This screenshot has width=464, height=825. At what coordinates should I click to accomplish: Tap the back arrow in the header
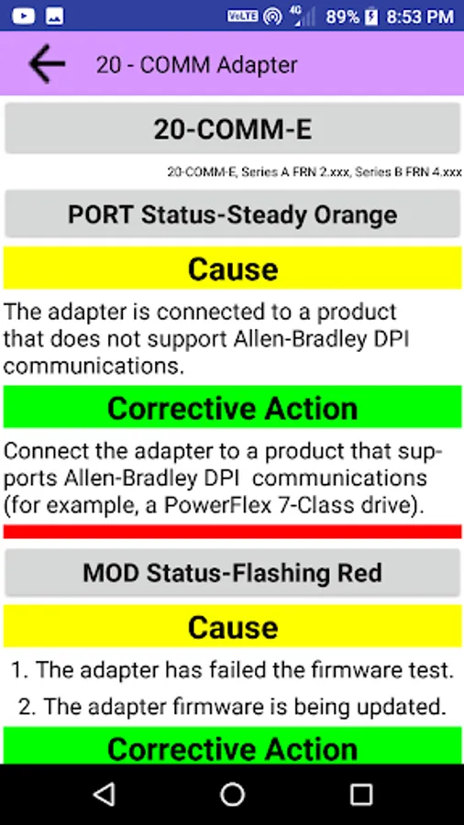[x=47, y=63]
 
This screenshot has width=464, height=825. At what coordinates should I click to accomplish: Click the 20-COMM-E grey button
[x=232, y=129]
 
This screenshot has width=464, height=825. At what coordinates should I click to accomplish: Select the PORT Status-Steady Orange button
[x=232, y=214]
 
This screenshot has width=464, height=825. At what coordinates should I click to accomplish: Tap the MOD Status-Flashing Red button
[x=232, y=572]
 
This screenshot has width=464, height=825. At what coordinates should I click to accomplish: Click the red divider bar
[x=232, y=532]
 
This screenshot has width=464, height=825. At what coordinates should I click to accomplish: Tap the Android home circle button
[x=232, y=794]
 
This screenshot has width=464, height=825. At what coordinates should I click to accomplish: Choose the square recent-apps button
[x=361, y=794]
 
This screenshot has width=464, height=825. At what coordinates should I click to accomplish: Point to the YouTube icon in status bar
[x=23, y=16]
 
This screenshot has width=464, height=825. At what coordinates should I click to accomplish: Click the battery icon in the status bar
[x=371, y=16]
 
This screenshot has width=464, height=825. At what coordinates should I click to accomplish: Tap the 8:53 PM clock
[x=420, y=16]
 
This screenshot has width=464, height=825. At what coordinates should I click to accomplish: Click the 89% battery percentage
[x=342, y=16]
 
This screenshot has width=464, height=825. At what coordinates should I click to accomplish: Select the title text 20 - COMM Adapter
[x=197, y=65]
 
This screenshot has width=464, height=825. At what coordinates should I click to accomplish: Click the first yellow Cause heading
[x=232, y=269]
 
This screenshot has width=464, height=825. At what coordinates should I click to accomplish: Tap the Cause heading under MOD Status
[x=232, y=626]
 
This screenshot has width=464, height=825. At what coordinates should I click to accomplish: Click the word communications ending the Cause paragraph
[x=94, y=366]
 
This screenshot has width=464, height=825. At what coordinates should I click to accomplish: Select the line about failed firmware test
[x=232, y=670]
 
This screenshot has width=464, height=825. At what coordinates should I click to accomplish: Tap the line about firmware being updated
[x=232, y=707]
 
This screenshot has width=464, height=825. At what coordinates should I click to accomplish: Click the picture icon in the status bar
[x=55, y=16]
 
